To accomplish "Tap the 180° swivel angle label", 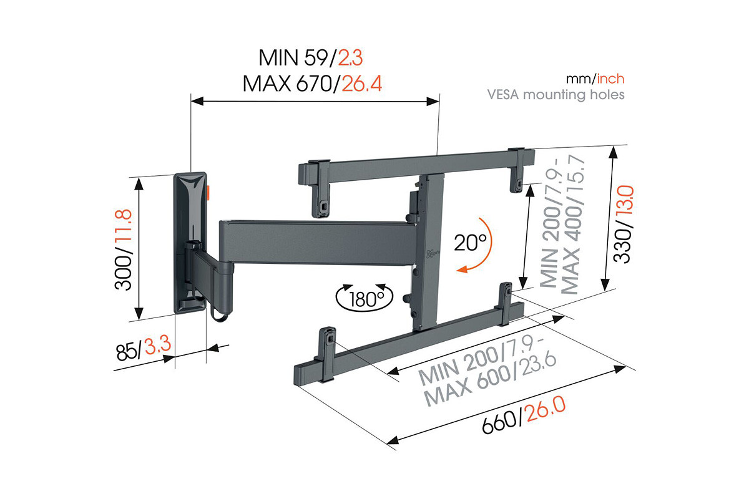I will pyautogui.click(x=365, y=298).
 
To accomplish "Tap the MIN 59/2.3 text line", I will pyautogui.click(x=310, y=59).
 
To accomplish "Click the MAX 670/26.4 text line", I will pyautogui.click(x=312, y=83).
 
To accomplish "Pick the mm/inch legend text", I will pyautogui.click(x=595, y=79).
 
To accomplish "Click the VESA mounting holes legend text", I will pyautogui.click(x=556, y=95).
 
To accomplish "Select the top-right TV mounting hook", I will pyautogui.click(x=518, y=165).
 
